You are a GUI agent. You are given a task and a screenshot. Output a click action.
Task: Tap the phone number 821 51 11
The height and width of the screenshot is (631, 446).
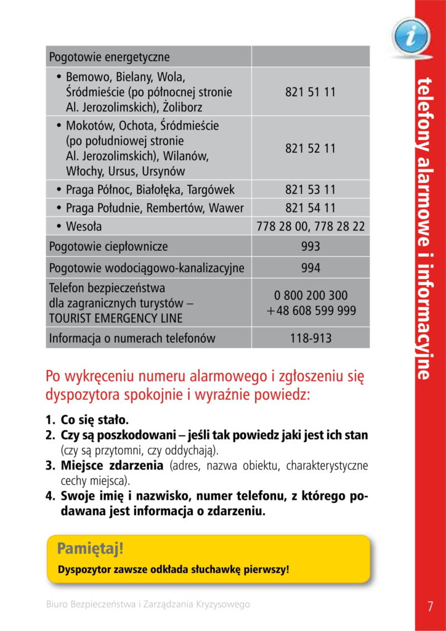point(310,92)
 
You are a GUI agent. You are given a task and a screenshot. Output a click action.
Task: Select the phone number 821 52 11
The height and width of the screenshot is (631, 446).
point(310,148)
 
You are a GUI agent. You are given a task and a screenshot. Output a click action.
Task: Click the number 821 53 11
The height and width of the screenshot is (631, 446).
point(310,189)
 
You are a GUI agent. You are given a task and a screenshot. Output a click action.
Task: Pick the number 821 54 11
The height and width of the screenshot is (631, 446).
point(310,208)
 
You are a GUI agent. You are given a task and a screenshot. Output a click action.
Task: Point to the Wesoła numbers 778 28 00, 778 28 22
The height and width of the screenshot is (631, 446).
point(310,226)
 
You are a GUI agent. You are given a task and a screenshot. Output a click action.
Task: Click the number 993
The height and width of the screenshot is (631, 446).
point(310,246)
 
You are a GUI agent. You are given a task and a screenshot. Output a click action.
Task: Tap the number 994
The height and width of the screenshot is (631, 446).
point(310,267)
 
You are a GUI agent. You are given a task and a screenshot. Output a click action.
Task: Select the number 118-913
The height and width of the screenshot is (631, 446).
point(310,338)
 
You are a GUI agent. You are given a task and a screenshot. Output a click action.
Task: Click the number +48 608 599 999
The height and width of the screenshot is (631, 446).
point(311,311)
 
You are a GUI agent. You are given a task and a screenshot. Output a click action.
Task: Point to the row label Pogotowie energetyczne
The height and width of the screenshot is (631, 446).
point(109,57)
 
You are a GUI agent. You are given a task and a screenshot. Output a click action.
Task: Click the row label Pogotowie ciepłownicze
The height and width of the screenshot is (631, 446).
point(108,246)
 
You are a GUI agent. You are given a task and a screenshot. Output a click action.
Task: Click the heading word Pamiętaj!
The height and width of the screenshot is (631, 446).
point(90,548)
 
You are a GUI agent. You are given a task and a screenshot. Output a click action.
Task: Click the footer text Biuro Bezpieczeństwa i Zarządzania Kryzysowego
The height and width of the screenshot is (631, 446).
point(148,605)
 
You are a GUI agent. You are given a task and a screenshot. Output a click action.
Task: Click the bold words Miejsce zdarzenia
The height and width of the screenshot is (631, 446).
point(112,465)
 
